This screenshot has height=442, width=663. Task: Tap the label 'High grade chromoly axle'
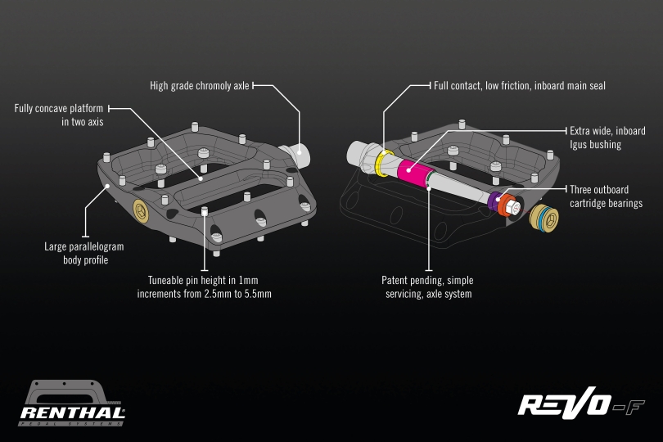200,85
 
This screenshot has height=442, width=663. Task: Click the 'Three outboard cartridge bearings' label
607,196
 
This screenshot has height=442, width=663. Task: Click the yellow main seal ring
383,162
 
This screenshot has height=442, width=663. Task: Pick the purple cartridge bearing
494,201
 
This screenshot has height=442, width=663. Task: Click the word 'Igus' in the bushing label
580,145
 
